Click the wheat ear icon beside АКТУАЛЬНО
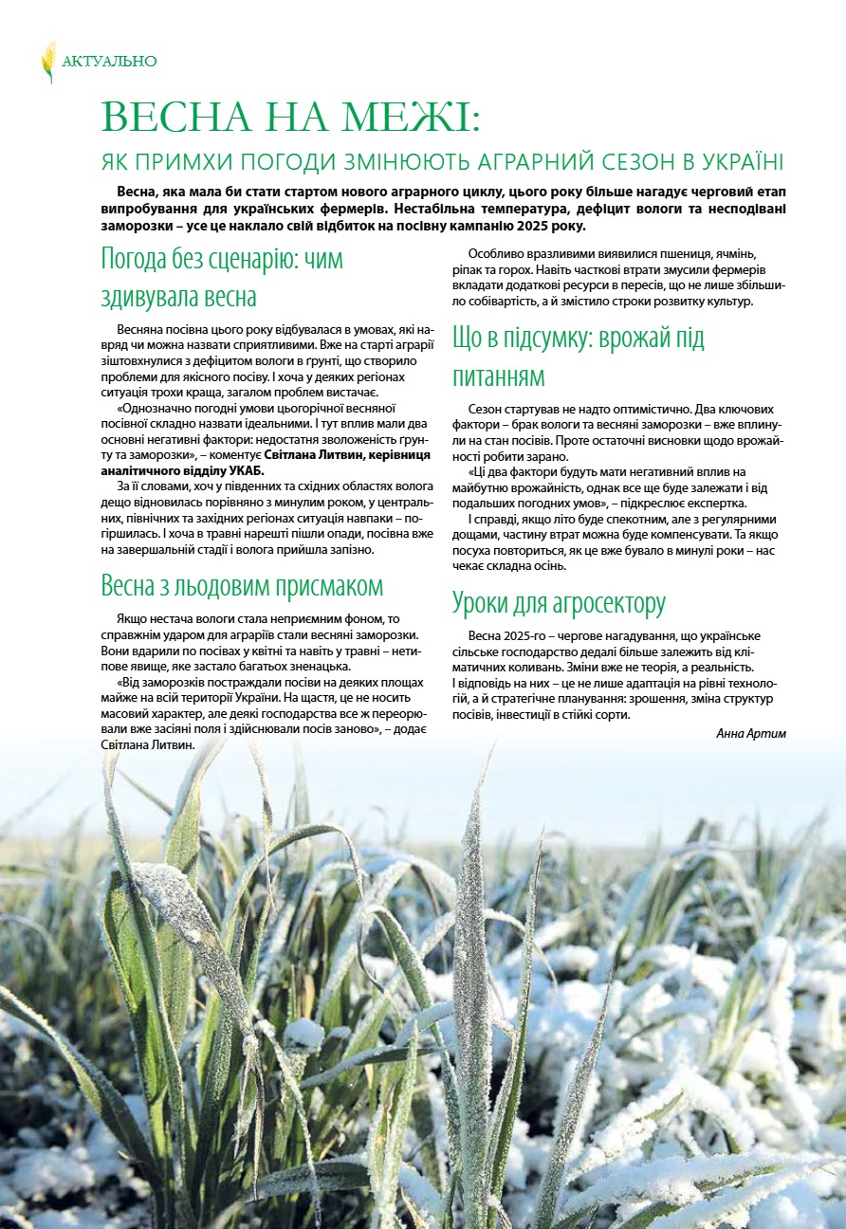[48, 61]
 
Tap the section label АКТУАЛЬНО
[109, 62]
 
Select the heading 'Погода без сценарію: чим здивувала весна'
[222, 277]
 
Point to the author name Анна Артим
[751, 733]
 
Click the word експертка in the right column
[714, 503]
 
